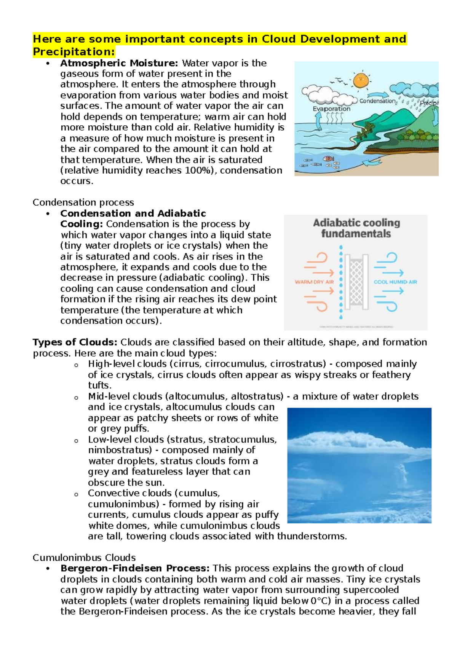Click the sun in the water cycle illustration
coord(360,80)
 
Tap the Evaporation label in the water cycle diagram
coord(331,109)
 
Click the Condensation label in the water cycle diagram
coord(378,101)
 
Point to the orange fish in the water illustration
coord(328,158)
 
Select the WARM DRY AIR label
coord(314,282)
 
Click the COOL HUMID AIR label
coord(395,282)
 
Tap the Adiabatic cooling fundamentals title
coord(356,228)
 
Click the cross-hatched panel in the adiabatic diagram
coord(356,281)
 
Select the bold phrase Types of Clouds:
coord(75,342)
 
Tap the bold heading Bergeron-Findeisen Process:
coord(135,568)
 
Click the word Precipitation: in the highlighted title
coord(74,51)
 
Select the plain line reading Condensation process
coord(83,202)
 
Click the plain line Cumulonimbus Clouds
coord(84,558)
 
